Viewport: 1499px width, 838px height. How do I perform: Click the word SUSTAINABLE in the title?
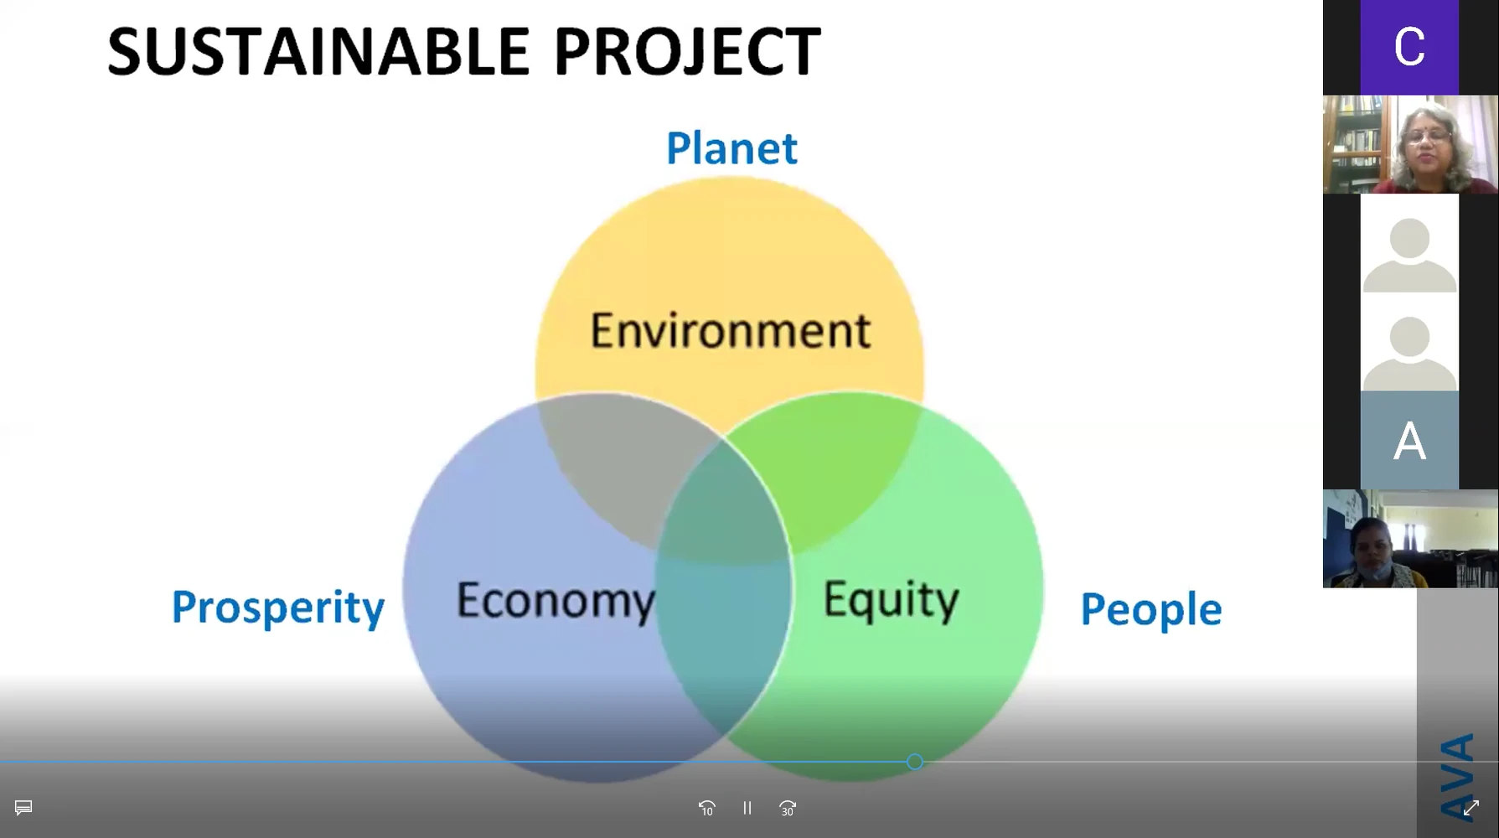coord(318,52)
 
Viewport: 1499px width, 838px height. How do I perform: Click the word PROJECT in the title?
coord(687,52)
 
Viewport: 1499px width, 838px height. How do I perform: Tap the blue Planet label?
coord(731,148)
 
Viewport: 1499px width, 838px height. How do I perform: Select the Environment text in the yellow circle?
coord(731,330)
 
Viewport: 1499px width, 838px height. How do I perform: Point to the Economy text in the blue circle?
coord(556,602)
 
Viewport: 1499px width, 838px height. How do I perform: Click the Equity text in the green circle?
coord(891,600)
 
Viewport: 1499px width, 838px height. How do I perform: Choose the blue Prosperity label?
coord(278,608)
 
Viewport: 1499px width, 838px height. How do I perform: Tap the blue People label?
coord(1151,609)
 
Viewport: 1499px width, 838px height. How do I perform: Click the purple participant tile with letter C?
coord(1409,47)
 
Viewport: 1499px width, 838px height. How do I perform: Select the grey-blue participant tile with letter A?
coord(1409,440)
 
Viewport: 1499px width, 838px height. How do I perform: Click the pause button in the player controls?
coord(747,808)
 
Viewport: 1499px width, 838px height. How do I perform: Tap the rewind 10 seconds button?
coord(707,808)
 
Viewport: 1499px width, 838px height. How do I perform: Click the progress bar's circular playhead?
coord(915,762)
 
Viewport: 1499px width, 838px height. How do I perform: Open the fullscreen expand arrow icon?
coord(1471,808)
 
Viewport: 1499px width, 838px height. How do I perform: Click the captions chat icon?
coord(23,808)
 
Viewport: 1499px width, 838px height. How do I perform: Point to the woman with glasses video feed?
coord(1410,144)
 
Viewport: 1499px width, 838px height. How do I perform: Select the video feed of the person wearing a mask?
coord(1410,539)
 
